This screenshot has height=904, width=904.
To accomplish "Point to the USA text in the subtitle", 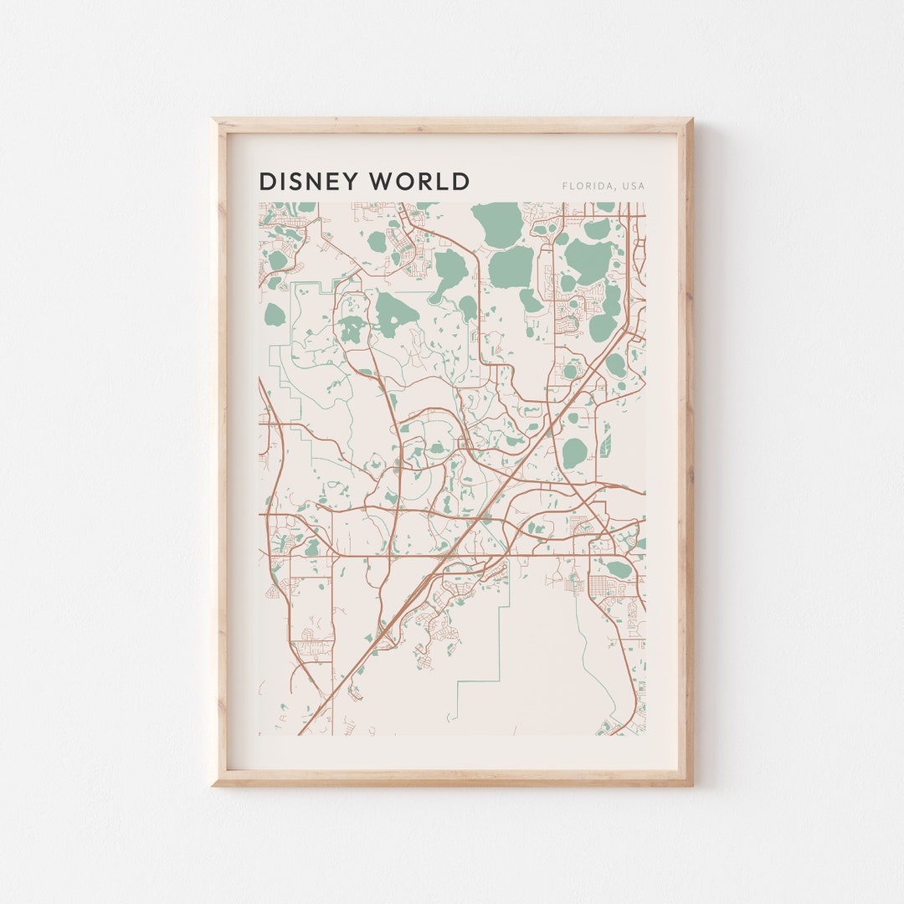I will click(x=634, y=186).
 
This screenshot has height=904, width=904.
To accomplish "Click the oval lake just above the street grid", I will click(x=619, y=569).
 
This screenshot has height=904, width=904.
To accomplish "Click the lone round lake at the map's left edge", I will click(x=275, y=315).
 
